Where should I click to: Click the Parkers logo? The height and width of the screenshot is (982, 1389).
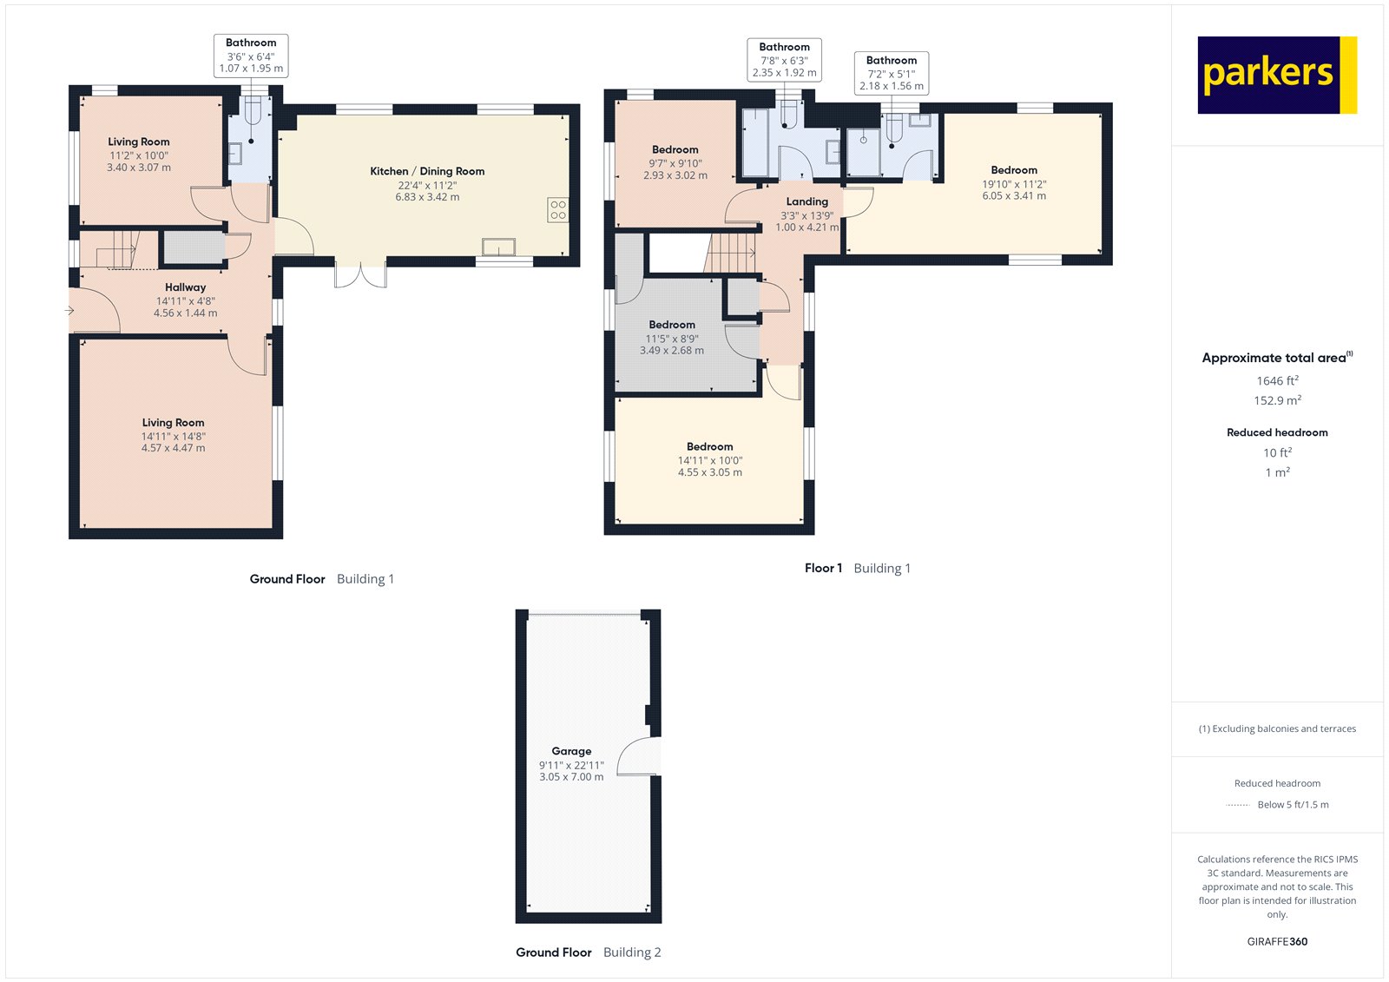(x=1276, y=75)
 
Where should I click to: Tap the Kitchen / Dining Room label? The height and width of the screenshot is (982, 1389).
(x=427, y=171)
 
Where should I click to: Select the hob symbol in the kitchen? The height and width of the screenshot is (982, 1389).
(x=558, y=209)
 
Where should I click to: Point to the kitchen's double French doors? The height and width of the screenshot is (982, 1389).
(x=361, y=274)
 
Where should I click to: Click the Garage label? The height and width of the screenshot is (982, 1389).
(x=571, y=751)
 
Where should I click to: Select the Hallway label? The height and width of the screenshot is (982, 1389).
(x=185, y=287)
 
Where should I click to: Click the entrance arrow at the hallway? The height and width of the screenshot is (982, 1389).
(x=69, y=310)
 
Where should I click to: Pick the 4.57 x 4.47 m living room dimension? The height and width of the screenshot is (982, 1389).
(x=174, y=448)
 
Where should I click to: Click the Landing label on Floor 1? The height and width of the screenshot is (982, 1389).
(x=806, y=201)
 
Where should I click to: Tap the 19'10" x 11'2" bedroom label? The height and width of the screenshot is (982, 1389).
(x=1014, y=183)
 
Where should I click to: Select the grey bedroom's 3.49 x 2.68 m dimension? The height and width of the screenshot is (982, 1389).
(x=671, y=351)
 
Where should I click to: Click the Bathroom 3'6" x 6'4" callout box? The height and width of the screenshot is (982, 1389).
(x=251, y=56)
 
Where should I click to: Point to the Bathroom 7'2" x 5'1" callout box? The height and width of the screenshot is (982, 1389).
(x=892, y=73)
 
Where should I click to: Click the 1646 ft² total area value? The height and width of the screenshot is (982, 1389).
(x=1277, y=380)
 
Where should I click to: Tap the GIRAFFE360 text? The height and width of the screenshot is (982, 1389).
(x=1277, y=941)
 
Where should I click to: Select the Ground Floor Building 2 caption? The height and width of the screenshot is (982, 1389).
(x=588, y=952)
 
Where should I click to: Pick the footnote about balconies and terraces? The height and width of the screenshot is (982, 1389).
(x=1277, y=728)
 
